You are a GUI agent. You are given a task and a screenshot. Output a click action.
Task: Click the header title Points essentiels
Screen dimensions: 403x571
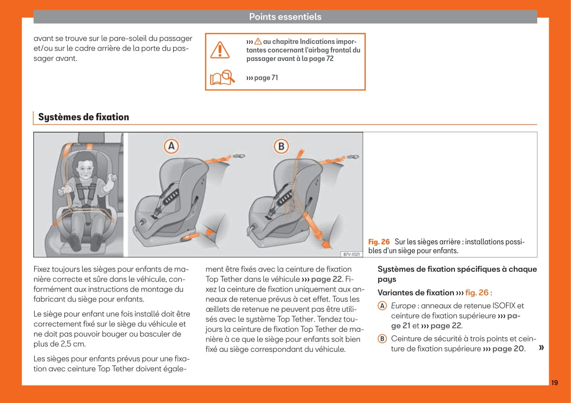285,17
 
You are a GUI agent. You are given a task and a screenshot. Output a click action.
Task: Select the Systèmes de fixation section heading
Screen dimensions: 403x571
84,117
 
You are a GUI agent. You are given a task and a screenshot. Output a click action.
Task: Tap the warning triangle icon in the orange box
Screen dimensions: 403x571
220,50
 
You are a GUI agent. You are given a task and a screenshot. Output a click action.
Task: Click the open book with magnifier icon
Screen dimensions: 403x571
222,77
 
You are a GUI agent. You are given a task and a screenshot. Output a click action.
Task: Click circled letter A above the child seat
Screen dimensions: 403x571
171,146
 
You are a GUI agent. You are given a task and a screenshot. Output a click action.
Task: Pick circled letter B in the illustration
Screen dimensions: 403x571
281,146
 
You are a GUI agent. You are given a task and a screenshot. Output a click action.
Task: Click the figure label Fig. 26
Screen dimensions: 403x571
379,242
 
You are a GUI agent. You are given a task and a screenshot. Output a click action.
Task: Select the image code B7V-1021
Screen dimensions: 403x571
352,254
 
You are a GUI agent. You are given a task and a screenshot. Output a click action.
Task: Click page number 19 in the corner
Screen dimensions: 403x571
554,383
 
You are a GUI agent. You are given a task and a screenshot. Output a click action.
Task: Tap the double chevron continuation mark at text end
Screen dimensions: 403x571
541,348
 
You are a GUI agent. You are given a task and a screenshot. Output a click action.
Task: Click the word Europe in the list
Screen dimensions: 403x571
403,306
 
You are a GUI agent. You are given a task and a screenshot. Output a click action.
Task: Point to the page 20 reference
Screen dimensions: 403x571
508,349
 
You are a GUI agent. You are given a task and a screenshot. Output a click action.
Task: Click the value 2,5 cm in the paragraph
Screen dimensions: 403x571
66,344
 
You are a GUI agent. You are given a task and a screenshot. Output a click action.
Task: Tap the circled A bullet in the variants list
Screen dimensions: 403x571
383,306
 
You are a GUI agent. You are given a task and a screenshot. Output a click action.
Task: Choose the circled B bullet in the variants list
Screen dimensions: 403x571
383,339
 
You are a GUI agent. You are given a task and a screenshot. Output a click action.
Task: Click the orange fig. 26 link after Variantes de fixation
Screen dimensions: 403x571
477,293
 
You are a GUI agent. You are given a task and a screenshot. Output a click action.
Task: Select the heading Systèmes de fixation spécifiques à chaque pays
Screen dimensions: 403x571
457,274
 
